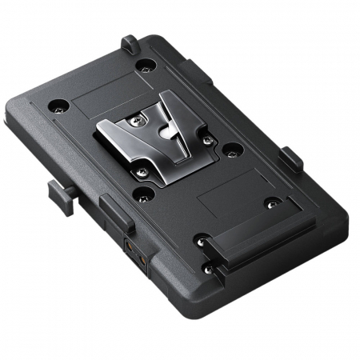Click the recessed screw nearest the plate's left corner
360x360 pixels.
coord(58,104)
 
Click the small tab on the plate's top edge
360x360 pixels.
coord(128,43)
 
